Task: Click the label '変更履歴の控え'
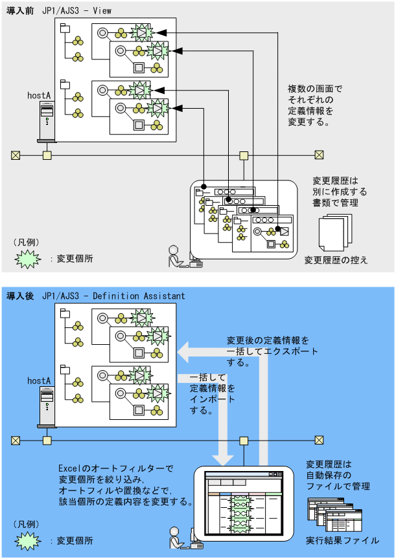(336, 260)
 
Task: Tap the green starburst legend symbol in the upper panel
(27, 258)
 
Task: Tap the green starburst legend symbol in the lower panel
(27, 540)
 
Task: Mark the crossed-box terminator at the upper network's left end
(16, 155)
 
